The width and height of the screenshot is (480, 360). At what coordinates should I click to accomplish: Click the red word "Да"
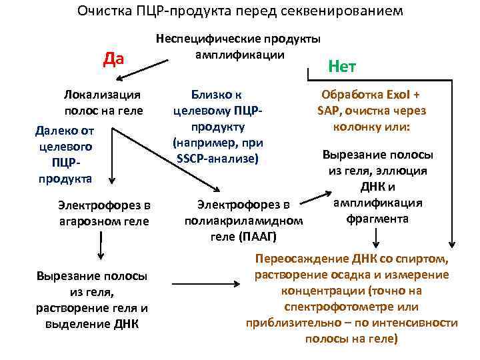[x=115, y=59]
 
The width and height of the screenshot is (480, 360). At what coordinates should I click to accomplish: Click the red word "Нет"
[x=343, y=66]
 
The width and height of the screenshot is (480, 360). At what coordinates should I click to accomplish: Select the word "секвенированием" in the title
[x=346, y=11]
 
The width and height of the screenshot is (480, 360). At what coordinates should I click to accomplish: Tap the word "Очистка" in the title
[x=99, y=11]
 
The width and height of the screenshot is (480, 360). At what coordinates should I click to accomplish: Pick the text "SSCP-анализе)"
[x=218, y=158]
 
